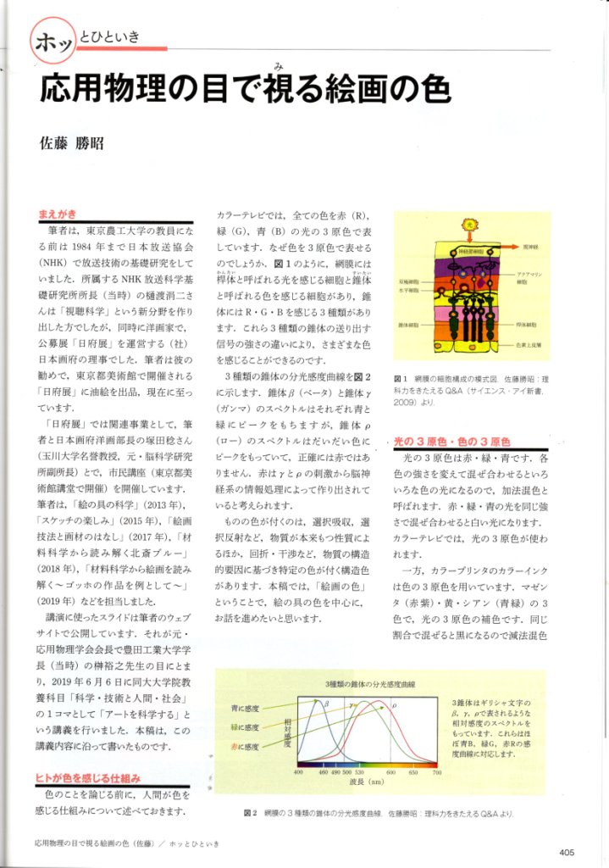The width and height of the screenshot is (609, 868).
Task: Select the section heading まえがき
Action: click(58, 214)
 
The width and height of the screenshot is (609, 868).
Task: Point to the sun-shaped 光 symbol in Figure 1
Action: click(469, 225)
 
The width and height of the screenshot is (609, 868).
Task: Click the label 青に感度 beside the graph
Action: click(245, 706)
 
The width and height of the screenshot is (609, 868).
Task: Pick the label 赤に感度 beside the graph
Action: click(245, 747)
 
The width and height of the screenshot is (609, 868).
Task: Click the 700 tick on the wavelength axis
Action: click(437, 772)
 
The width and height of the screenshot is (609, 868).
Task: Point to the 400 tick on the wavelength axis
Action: click(298, 772)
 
